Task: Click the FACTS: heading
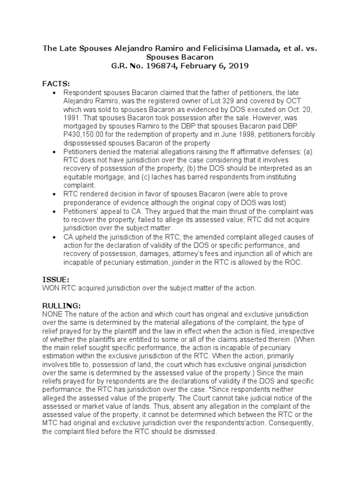[56, 83]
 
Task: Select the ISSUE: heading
[56, 279]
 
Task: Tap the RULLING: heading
[61, 305]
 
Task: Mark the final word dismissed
[200, 432]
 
